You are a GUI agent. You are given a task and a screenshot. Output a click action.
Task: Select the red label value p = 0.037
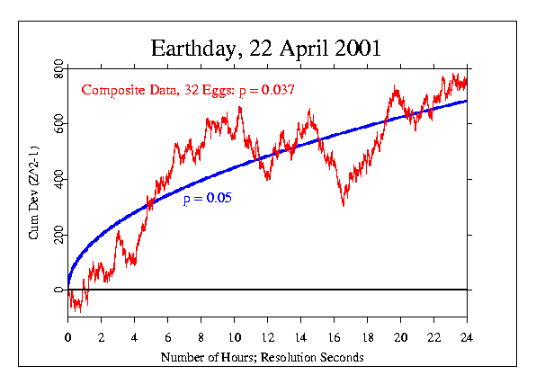[267, 90]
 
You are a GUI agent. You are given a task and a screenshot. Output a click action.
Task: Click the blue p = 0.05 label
[208, 199]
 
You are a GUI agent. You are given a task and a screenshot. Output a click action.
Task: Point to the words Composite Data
[123, 90]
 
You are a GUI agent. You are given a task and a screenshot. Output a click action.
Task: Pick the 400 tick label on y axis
[58, 180]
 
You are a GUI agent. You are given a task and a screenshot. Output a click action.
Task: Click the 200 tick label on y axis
[58, 235]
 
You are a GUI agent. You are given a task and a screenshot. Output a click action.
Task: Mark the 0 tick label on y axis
[58, 290]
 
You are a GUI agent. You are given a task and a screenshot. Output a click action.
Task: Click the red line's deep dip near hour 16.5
[343, 204]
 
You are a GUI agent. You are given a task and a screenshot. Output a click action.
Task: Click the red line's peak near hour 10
[239, 108]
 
